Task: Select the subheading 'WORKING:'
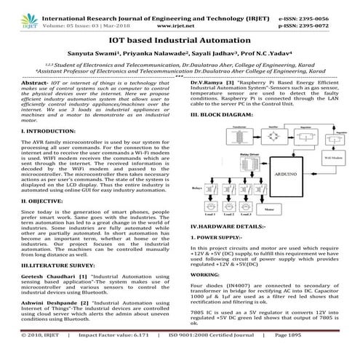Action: tap(204, 276)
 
